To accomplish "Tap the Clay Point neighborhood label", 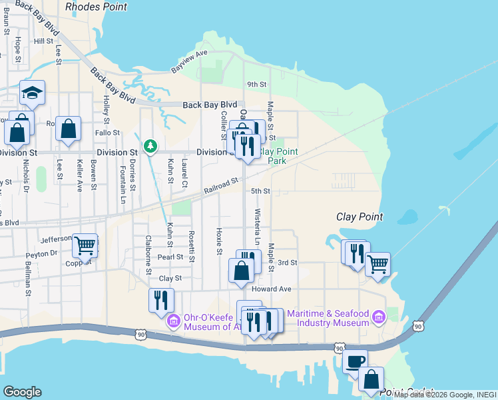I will point(360,217).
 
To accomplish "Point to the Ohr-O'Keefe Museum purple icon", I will point(173,321).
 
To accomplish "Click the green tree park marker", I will point(151,145).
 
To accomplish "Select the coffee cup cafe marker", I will point(355,361).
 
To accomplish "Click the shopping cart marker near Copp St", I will point(85,245).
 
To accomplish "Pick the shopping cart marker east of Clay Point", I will point(378,263).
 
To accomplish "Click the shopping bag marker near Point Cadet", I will point(371,378).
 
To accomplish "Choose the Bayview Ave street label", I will point(190,61).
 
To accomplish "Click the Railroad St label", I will point(221,185).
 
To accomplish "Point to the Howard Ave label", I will point(272,289).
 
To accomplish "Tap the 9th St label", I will point(256,85).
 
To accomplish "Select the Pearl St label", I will point(170,257).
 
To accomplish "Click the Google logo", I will point(22,392).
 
